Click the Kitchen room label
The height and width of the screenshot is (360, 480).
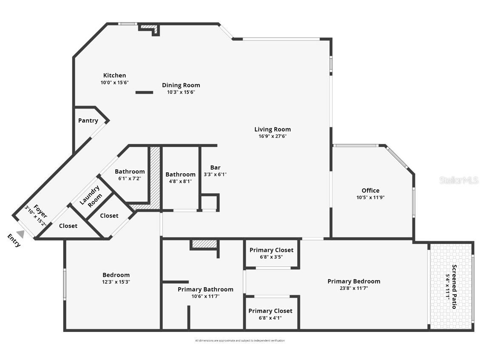pos(114,76)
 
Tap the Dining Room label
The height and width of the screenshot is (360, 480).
pos(181,85)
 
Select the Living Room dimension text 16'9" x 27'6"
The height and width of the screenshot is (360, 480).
pos(273,137)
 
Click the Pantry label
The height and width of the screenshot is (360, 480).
pos(88,120)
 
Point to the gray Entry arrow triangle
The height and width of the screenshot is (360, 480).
pos(20,234)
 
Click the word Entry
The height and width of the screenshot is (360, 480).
pos(14,240)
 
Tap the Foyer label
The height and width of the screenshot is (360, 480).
pos(40,209)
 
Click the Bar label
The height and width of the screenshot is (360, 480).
pos(215,168)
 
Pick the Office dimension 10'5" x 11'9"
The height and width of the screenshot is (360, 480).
pos(370,197)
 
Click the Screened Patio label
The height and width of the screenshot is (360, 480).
pos(454,287)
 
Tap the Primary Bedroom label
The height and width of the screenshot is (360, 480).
pos(354,281)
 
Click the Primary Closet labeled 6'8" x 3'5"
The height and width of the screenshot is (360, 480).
pos(271,250)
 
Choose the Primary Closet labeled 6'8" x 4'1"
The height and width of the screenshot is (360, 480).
pos(270,311)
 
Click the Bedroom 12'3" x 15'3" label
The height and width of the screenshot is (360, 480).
pos(116,275)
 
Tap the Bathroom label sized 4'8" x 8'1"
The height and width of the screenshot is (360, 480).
pos(180,174)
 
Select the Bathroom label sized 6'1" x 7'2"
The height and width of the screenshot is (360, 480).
pos(130,172)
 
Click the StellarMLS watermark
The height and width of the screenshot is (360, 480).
pos(459,180)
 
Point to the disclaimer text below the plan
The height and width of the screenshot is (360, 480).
pos(240,340)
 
